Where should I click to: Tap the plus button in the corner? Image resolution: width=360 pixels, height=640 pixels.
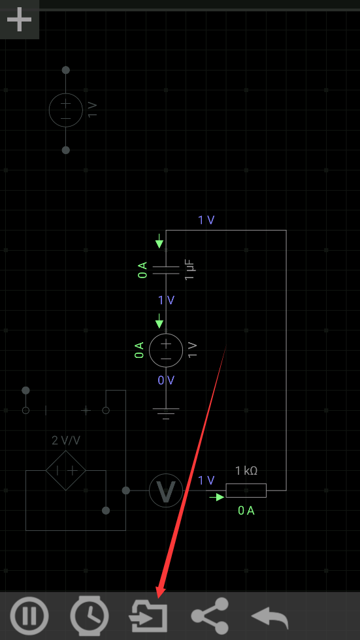point(19,19)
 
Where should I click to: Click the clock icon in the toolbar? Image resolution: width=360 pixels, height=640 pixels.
point(90,616)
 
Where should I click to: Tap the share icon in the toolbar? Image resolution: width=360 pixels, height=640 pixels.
point(210,616)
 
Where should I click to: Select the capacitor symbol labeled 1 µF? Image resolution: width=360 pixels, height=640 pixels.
point(166,270)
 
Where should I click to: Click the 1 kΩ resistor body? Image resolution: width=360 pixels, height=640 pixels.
point(246,490)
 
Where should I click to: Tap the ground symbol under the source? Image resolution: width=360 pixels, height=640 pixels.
point(166,413)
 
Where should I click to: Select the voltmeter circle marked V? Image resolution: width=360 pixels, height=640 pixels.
point(166,490)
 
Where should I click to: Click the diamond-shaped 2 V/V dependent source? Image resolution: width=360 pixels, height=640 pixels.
point(66,471)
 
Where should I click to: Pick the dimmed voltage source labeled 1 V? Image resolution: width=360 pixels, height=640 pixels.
point(66,110)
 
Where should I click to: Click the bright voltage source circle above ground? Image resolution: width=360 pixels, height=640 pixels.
point(166,350)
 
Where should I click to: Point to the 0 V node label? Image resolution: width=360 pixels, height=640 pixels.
point(166,380)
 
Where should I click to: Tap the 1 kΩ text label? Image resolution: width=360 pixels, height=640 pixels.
point(246,471)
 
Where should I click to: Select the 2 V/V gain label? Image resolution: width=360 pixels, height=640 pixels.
point(66,440)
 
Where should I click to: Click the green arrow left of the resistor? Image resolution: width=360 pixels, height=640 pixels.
point(217,497)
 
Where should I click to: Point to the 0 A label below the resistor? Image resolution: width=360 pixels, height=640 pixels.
point(246,511)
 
